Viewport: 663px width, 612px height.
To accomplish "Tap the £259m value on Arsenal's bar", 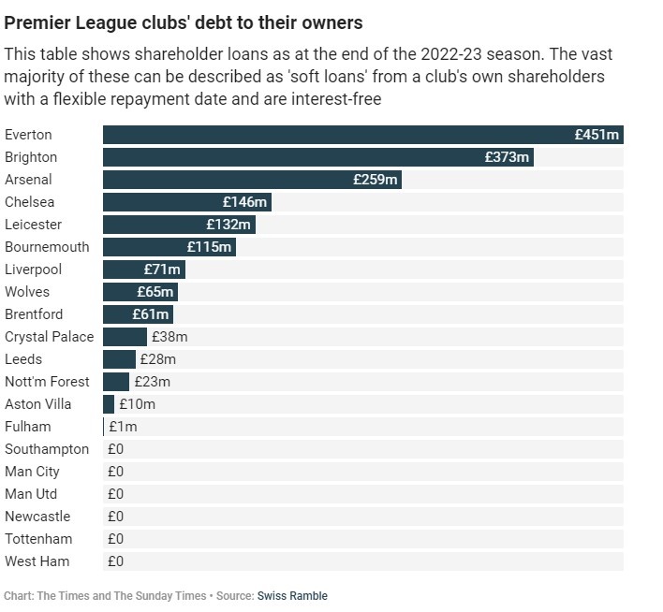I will click(376, 180).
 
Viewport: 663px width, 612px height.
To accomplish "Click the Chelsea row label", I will click(30, 202).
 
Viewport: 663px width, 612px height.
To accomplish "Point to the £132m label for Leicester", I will click(229, 225).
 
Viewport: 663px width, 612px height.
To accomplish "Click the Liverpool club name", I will click(34, 270).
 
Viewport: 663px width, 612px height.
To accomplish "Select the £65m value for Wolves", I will click(155, 292).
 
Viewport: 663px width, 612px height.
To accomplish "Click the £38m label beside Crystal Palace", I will click(169, 337).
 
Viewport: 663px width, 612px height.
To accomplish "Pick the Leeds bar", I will click(119, 359).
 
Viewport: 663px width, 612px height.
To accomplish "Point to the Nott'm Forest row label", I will click(47, 382).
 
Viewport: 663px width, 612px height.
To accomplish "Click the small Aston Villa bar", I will click(109, 404).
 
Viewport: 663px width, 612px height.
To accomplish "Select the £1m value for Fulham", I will click(123, 427).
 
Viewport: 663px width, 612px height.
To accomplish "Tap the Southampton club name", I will click(47, 449).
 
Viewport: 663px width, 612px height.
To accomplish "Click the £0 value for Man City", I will click(115, 472).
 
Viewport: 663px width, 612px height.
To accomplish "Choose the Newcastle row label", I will click(37, 517).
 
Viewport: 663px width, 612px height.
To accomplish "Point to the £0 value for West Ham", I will click(115, 561).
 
